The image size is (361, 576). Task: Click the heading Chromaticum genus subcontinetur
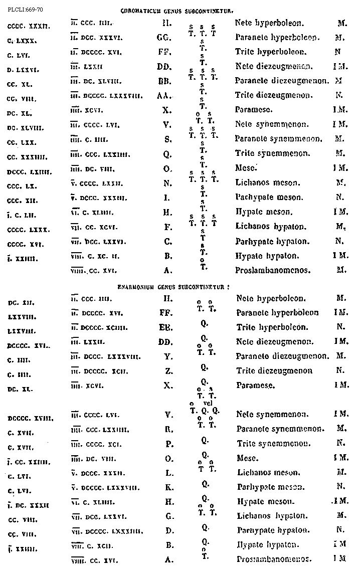pos(177,10)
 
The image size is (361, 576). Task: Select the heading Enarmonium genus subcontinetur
pos(173,287)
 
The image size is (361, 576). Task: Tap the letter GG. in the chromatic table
pos(167,37)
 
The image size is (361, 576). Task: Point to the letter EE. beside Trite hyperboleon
pos(167,327)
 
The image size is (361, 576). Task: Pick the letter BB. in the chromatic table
pos(167,80)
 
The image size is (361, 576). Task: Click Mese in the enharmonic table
pos(247,458)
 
